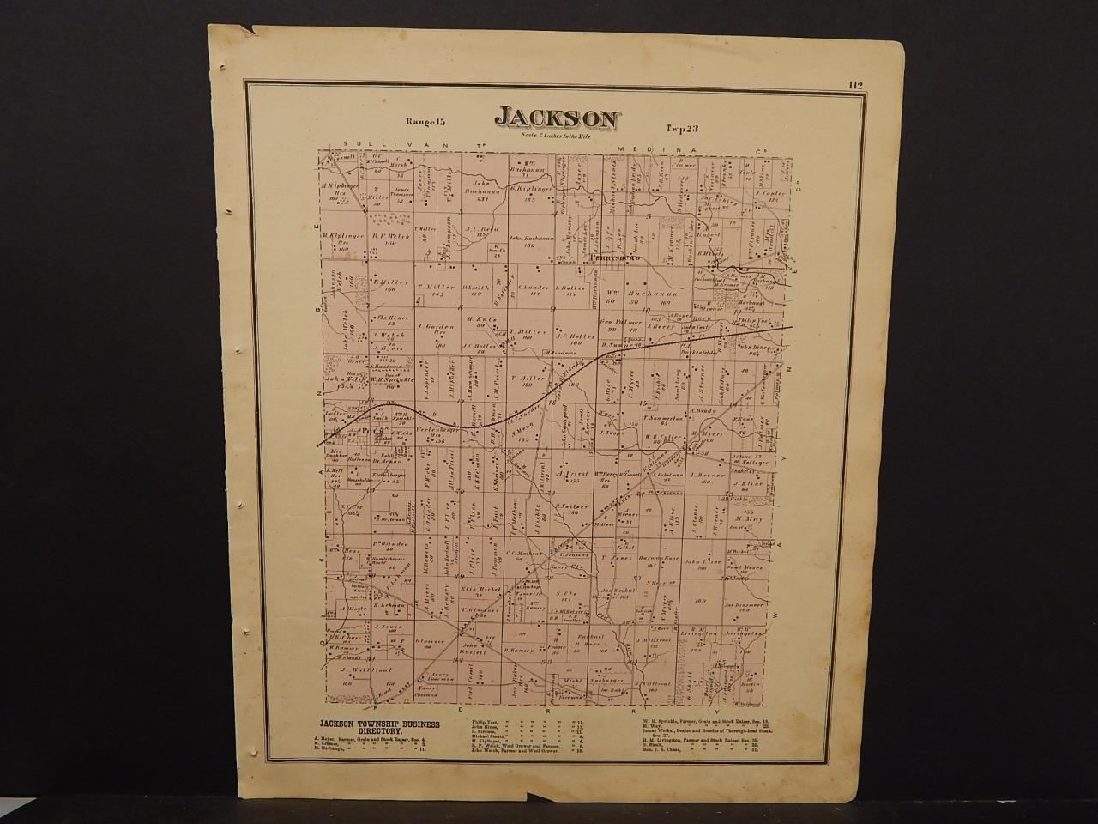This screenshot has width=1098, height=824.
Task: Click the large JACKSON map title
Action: coord(556,118)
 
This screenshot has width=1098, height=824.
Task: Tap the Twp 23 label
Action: coord(683,127)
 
